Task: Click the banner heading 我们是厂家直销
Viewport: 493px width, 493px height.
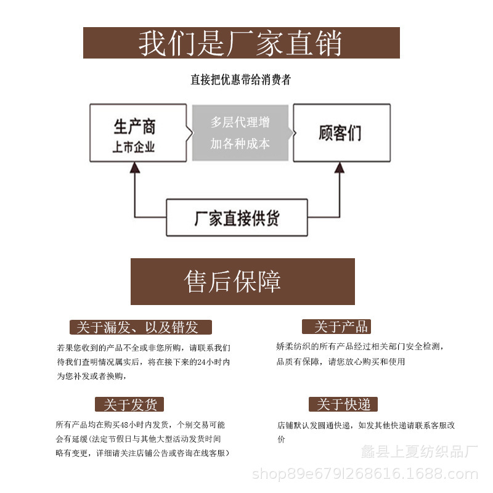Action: coord(241,43)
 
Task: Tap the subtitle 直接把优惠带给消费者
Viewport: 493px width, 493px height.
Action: coord(240,79)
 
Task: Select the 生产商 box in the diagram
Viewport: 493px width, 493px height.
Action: coord(138,132)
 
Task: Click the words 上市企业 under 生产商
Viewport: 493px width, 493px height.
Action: coord(134,148)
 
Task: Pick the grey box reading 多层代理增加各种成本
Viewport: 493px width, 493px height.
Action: coord(240,132)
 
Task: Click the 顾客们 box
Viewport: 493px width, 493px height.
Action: coord(341,132)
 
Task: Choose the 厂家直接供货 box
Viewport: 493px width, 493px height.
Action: coord(237,218)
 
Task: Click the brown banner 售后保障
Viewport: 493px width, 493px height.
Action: coord(242,281)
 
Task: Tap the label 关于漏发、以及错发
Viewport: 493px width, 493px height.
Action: coord(141,327)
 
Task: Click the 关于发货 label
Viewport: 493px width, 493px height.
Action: coord(129,405)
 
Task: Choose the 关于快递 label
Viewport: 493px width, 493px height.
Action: coord(343,405)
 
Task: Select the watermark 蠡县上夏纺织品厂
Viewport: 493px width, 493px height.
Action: coord(419,452)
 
